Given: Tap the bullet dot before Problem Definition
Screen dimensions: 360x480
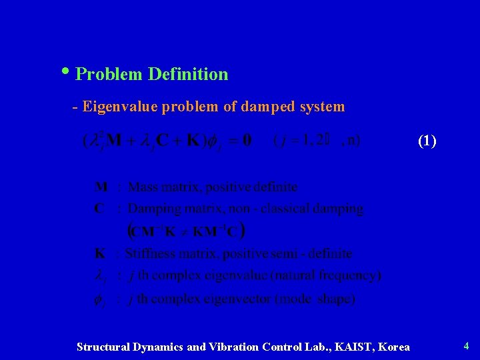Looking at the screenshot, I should [x=71, y=71].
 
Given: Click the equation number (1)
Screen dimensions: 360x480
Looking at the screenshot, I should [x=427, y=141].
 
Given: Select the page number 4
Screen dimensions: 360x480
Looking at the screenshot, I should [x=466, y=345].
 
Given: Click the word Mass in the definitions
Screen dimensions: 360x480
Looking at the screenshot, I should [x=143, y=187].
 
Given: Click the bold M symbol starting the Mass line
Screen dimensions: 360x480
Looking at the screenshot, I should [x=101, y=187].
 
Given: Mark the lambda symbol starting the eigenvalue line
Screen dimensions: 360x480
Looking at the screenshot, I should [x=99, y=275].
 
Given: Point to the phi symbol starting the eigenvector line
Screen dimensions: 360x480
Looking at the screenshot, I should [x=99, y=299].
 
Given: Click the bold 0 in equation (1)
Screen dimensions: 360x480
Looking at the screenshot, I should [x=247, y=140].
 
